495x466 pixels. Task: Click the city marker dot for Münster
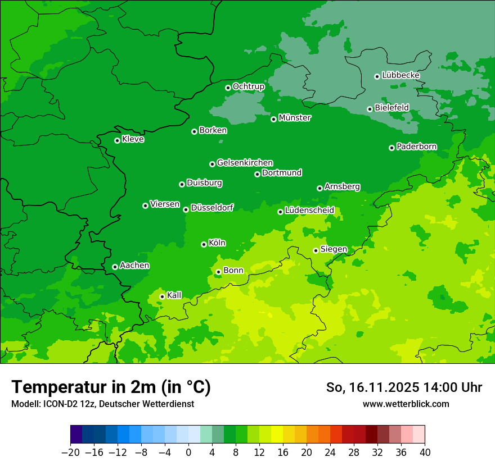(274, 119)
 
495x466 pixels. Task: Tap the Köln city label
(217, 243)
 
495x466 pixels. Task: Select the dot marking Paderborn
(392, 148)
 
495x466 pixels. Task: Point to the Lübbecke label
(400, 75)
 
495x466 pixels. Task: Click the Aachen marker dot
(115, 267)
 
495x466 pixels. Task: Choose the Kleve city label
(133, 139)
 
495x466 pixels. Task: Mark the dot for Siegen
(316, 250)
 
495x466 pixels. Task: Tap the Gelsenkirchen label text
(245, 163)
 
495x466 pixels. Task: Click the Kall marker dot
(163, 296)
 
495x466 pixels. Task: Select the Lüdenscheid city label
(309, 211)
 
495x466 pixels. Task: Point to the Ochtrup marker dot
(228, 88)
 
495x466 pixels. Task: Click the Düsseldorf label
(212, 208)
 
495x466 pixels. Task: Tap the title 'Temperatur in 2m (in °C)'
(111, 387)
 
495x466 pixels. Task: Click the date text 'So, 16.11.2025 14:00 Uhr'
(404, 387)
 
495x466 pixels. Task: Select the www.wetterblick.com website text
(406, 404)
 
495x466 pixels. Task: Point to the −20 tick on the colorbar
(70, 453)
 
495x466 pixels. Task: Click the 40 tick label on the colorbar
(425, 453)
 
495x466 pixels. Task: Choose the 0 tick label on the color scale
(188, 453)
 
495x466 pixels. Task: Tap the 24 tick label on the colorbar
(330, 453)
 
